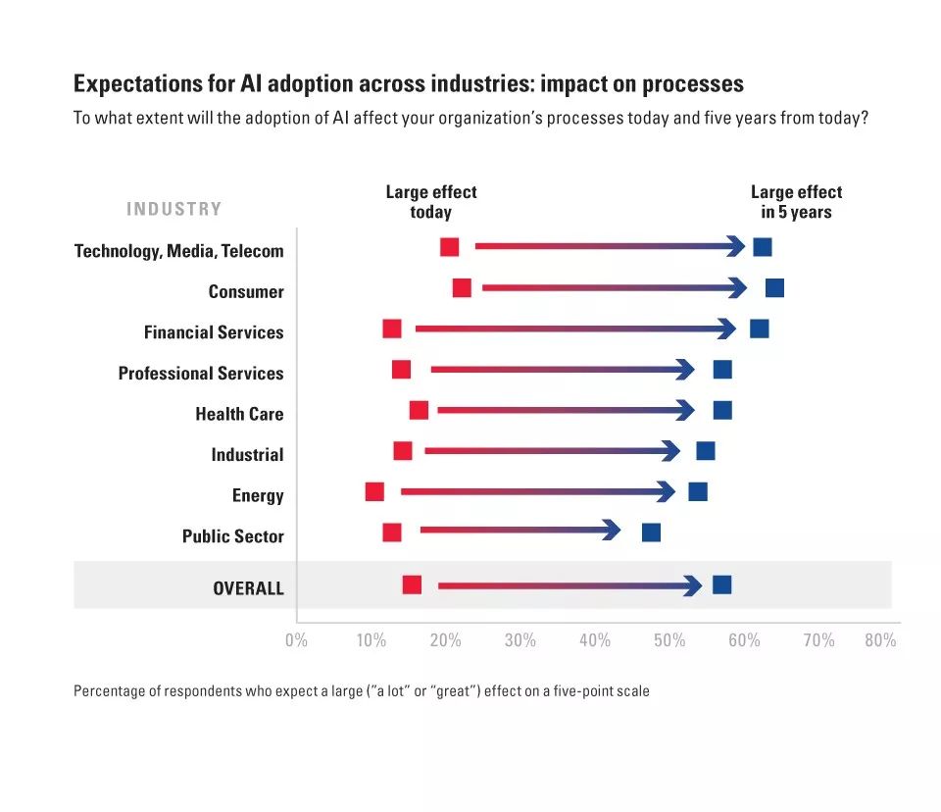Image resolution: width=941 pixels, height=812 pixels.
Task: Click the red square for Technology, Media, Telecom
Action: click(450, 247)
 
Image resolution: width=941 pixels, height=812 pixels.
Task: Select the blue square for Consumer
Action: click(774, 287)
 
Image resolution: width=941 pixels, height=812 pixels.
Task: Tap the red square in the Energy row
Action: click(374, 491)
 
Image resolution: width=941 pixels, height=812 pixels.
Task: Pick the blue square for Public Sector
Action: click(651, 533)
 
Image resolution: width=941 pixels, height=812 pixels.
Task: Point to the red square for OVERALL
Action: click(412, 585)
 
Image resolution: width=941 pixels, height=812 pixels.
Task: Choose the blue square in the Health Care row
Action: click(722, 410)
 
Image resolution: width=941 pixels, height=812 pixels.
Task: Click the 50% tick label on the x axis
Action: click(669, 640)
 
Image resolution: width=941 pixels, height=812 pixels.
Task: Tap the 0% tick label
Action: click(296, 640)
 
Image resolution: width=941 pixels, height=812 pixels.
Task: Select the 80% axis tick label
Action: click(880, 640)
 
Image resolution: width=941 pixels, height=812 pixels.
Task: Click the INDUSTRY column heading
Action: click(174, 209)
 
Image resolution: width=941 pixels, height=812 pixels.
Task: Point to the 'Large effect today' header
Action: click(431, 202)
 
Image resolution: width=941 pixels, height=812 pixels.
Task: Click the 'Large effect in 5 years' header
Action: click(796, 202)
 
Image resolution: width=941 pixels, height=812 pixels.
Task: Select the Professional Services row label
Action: click(201, 374)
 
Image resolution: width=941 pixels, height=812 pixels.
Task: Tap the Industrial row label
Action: click(247, 455)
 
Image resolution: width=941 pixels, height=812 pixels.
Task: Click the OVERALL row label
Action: click(248, 588)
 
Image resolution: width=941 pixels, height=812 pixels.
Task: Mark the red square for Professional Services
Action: click(401, 370)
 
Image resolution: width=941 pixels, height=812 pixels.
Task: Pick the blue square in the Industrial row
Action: click(706, 451)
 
